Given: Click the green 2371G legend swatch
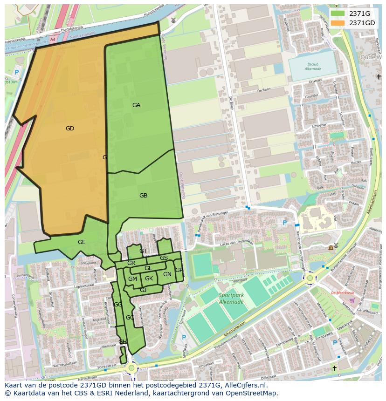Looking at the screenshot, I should [337, 14].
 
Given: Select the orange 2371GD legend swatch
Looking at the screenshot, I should [337, 23].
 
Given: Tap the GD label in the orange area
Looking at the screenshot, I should [70, 129].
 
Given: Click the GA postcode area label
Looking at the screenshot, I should [136, 105].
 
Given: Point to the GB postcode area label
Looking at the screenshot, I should [143, 196].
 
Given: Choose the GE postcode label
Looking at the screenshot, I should [82, 242].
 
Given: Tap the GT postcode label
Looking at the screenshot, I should [143, 251].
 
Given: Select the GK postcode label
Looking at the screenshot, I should [149, 279].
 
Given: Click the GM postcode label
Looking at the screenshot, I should [132, 279].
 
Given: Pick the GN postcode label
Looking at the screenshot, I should [167, 274].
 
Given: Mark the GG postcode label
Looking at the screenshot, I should [117, 305].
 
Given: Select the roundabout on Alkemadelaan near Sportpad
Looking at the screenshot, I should [310, 278].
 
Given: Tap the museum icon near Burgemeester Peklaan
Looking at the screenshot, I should [331, 247].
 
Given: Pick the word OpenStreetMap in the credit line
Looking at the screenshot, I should [254, 393].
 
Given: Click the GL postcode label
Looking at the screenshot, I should [148, 268].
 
